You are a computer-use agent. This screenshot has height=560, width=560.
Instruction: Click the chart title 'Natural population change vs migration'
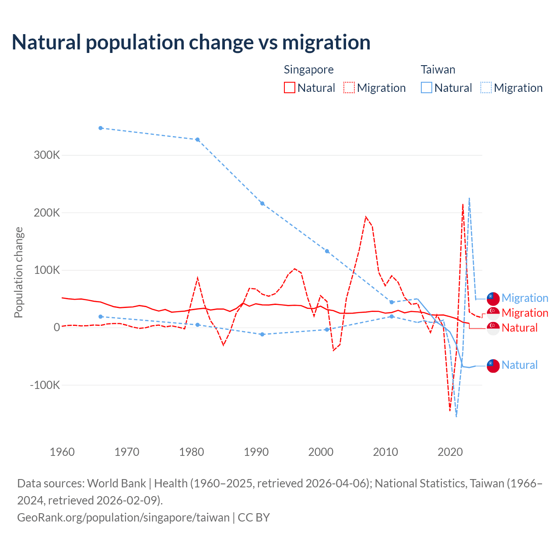coord(191,42)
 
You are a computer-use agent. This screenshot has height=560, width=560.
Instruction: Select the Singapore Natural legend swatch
coord(290,87)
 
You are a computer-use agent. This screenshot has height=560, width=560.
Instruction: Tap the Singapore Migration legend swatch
coord(349,87)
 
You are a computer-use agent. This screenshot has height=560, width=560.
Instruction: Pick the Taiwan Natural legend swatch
coord(427,87)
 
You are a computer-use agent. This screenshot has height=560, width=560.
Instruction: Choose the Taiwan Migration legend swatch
coord(486,87)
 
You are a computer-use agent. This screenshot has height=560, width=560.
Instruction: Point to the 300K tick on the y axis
coord(47,155)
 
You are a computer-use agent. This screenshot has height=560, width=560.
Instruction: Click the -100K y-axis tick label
coord(45,385)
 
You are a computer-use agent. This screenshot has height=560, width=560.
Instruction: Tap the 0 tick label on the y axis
coord(56,328)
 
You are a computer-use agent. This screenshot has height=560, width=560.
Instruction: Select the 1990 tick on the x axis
coord(256,452)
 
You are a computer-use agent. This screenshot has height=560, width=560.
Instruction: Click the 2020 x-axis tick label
coord(450,452)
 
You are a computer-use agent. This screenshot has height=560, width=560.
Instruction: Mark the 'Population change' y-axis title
coord(18,273)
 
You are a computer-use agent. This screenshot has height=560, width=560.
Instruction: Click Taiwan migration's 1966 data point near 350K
coord(101,128)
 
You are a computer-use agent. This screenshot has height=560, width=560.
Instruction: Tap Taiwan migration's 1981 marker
coord(197,140)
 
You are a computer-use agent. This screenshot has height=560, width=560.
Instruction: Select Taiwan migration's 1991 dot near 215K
coord(262,203)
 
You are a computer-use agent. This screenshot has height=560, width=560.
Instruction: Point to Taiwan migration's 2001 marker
coord(327,251)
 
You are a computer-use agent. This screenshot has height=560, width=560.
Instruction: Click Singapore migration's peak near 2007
coord(366,217)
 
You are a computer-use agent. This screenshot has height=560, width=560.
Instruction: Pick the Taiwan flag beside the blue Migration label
coord(493,298)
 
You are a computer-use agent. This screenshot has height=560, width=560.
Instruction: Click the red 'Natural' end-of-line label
coord(519,328)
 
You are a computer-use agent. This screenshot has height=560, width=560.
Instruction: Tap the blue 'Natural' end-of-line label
coord(519,365)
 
